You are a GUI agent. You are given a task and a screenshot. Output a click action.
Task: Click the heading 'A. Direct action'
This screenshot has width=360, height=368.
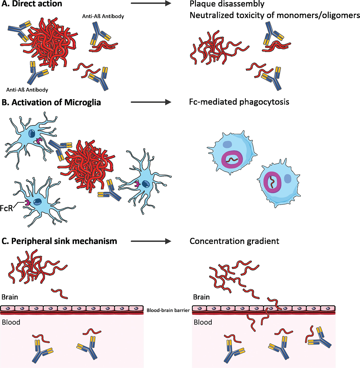click(32, 4)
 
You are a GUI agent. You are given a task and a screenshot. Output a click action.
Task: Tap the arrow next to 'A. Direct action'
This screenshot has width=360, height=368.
click(151, 3)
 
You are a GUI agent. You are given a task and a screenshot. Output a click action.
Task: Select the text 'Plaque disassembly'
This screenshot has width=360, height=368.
click(227, 4)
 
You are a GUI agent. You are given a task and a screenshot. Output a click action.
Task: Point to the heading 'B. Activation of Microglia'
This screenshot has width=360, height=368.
click(51, 102)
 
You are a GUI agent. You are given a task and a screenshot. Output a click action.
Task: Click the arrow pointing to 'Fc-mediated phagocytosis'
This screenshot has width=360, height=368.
click(151, 102)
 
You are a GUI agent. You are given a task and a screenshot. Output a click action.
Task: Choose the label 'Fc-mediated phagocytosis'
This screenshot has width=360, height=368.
click(239, 102)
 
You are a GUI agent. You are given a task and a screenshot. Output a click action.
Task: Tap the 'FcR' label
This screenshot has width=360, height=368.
click(6, 208)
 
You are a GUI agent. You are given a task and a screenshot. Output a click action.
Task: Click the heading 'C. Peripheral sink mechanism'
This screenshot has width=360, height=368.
click(59, 241)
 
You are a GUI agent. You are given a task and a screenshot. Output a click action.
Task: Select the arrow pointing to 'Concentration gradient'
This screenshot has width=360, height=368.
click(151, 241)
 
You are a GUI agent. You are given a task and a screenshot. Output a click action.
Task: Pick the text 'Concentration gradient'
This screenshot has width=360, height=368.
click(234, 241)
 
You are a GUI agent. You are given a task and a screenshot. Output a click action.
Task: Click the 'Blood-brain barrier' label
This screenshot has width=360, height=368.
click(168, 310)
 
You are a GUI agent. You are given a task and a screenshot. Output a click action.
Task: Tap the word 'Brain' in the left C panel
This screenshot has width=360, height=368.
click(10, 297)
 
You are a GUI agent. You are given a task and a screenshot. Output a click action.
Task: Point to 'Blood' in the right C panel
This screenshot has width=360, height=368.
click(203, 322)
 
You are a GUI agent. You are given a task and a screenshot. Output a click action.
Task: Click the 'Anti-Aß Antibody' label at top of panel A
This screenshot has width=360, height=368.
click(103, 16)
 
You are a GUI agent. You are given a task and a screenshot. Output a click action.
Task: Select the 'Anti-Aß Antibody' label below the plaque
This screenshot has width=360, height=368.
click(27, 90)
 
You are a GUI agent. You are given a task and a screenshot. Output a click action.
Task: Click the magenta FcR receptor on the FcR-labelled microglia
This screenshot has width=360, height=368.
click(27, 203)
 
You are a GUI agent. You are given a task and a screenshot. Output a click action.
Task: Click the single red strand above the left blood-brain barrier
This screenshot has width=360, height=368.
click(60, 294)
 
